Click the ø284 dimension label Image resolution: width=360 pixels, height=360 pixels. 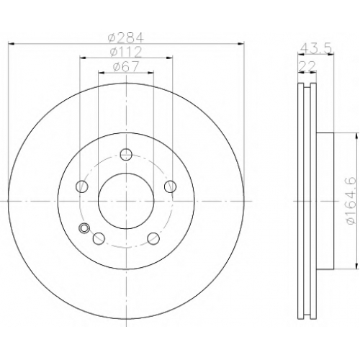(x=126, y=37)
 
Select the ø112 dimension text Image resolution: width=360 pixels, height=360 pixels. (x=126, y=52)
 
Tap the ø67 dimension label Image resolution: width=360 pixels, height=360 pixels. (x=126, y=66)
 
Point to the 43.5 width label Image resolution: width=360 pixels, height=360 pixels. (x=316, y=48)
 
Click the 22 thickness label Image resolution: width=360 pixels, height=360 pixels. (x=307, y=66)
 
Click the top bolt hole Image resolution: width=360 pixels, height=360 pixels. (x=126, y=154)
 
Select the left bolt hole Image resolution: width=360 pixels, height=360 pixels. (x=82, y=186)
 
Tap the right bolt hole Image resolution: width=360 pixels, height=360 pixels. (x=170, y=186)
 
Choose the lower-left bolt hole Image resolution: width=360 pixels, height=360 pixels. (x=99, y=238)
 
